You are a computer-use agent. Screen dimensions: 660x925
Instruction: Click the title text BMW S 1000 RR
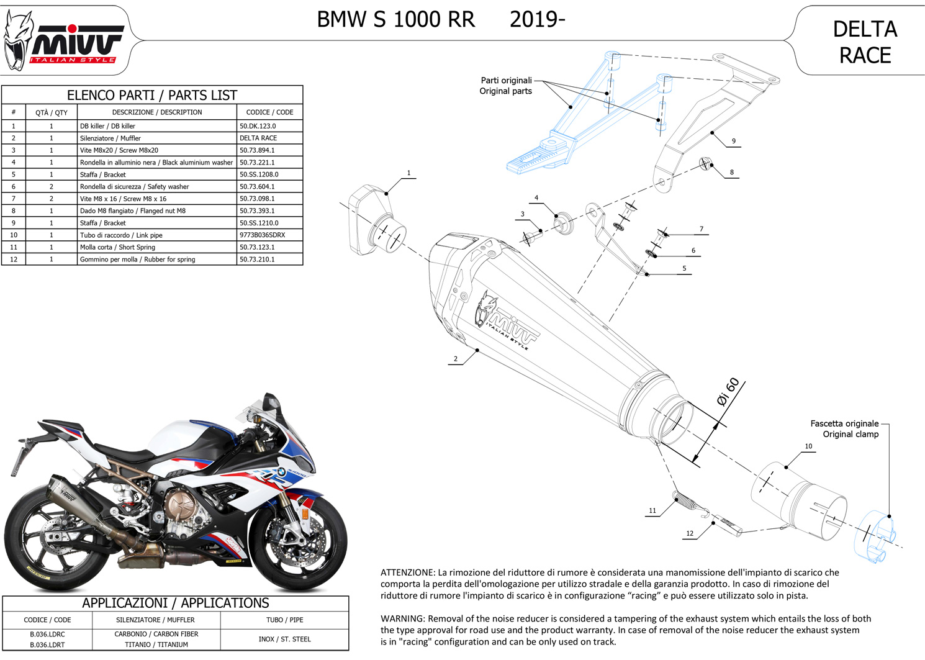[x=395, y=20]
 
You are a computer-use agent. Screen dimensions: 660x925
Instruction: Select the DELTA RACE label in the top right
[x=865, y=42]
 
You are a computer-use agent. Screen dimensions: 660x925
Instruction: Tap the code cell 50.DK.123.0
[x=258, y=126]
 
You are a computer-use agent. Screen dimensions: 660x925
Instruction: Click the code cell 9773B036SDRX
[x=263, y=235]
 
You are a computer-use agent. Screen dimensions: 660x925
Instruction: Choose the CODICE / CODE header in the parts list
[x=269, y=112]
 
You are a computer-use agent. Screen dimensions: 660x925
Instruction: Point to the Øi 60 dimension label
[x=728, y=391]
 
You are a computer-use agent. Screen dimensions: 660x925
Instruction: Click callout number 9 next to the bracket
[x=733, y=141]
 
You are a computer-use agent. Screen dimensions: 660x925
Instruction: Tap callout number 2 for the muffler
[x=455, y=359]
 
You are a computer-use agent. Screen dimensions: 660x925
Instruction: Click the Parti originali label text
[x=506, y=81]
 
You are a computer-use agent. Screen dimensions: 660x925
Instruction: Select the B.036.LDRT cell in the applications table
[x=47, y=645]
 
